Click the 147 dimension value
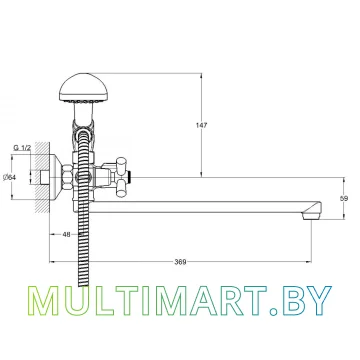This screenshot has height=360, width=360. pos(201,125)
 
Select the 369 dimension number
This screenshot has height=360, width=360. pos(180,262)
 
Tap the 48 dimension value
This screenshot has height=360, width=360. pos(66,234)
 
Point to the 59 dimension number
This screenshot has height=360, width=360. pos(344,199)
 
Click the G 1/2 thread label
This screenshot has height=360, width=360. pos(22,148)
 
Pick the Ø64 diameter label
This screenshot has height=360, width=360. pos(9,178)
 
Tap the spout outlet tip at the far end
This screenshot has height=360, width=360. pos(312,217)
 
